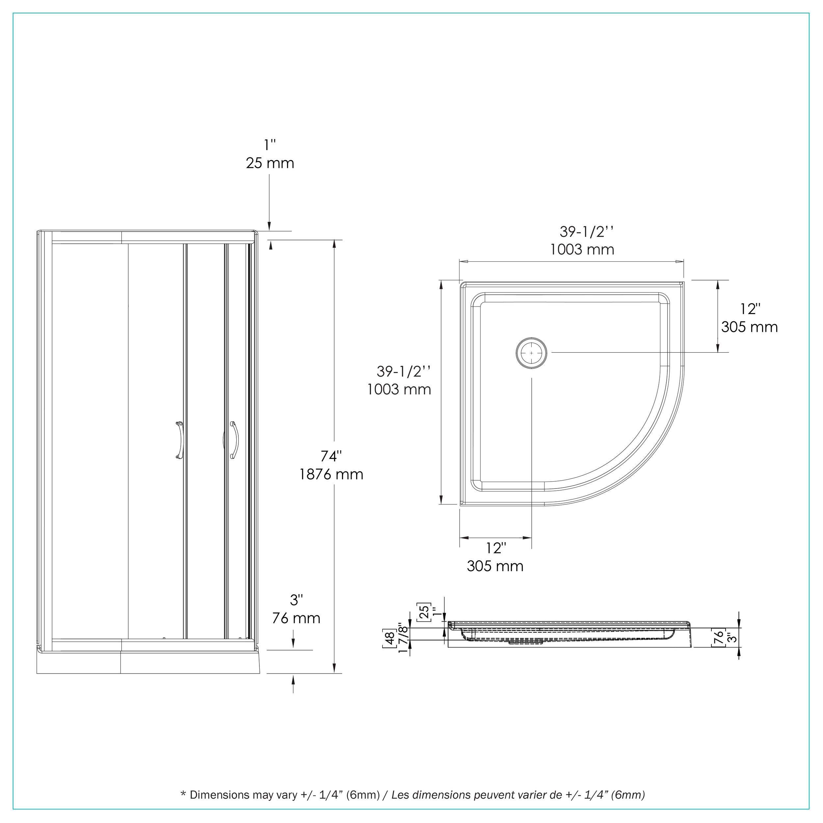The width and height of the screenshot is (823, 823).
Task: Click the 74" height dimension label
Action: tap(331, 456)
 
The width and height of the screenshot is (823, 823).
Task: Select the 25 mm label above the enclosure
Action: tap(270, 163)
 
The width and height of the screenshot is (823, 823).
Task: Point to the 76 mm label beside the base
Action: tap(296, 618)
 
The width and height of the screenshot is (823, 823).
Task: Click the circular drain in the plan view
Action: tap(531, 353)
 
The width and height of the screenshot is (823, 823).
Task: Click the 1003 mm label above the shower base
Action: tap(582, 249)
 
